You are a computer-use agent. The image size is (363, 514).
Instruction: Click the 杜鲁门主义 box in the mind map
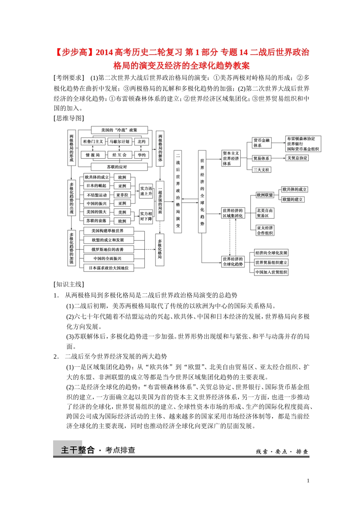click(93, 142)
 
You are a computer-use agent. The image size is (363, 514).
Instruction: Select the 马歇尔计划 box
click(120, 142)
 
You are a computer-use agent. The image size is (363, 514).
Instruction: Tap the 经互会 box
click(119, 155)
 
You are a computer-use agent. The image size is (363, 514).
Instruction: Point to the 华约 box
click(141, 155)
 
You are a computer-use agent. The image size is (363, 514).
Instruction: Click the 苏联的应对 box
click(117, 167)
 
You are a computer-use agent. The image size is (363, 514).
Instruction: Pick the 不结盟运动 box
click(97, 195)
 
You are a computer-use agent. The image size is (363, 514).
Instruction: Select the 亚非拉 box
click(122, 195)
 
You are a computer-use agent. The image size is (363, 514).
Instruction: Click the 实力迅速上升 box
click(146, 191)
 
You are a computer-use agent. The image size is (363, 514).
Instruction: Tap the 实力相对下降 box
click(146, 216)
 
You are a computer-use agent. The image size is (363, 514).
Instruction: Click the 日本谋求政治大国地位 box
click(109, 268)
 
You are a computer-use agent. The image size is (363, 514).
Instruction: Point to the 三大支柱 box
click(262, 169)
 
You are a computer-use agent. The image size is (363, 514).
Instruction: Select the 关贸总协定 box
click(297, 158)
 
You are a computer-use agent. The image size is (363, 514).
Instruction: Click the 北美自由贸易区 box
click(265, 213)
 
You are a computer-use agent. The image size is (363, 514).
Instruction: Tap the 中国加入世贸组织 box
click(271, 272)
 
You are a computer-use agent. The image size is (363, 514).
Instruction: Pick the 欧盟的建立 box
click(293, 199)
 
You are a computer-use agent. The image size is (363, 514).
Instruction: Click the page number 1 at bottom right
click(308, 481)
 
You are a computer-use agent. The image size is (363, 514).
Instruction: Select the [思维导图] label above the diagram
click(69, 118)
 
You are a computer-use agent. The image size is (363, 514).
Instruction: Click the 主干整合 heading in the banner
click(78, 450)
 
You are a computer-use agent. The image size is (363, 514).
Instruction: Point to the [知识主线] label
click(69, 284)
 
